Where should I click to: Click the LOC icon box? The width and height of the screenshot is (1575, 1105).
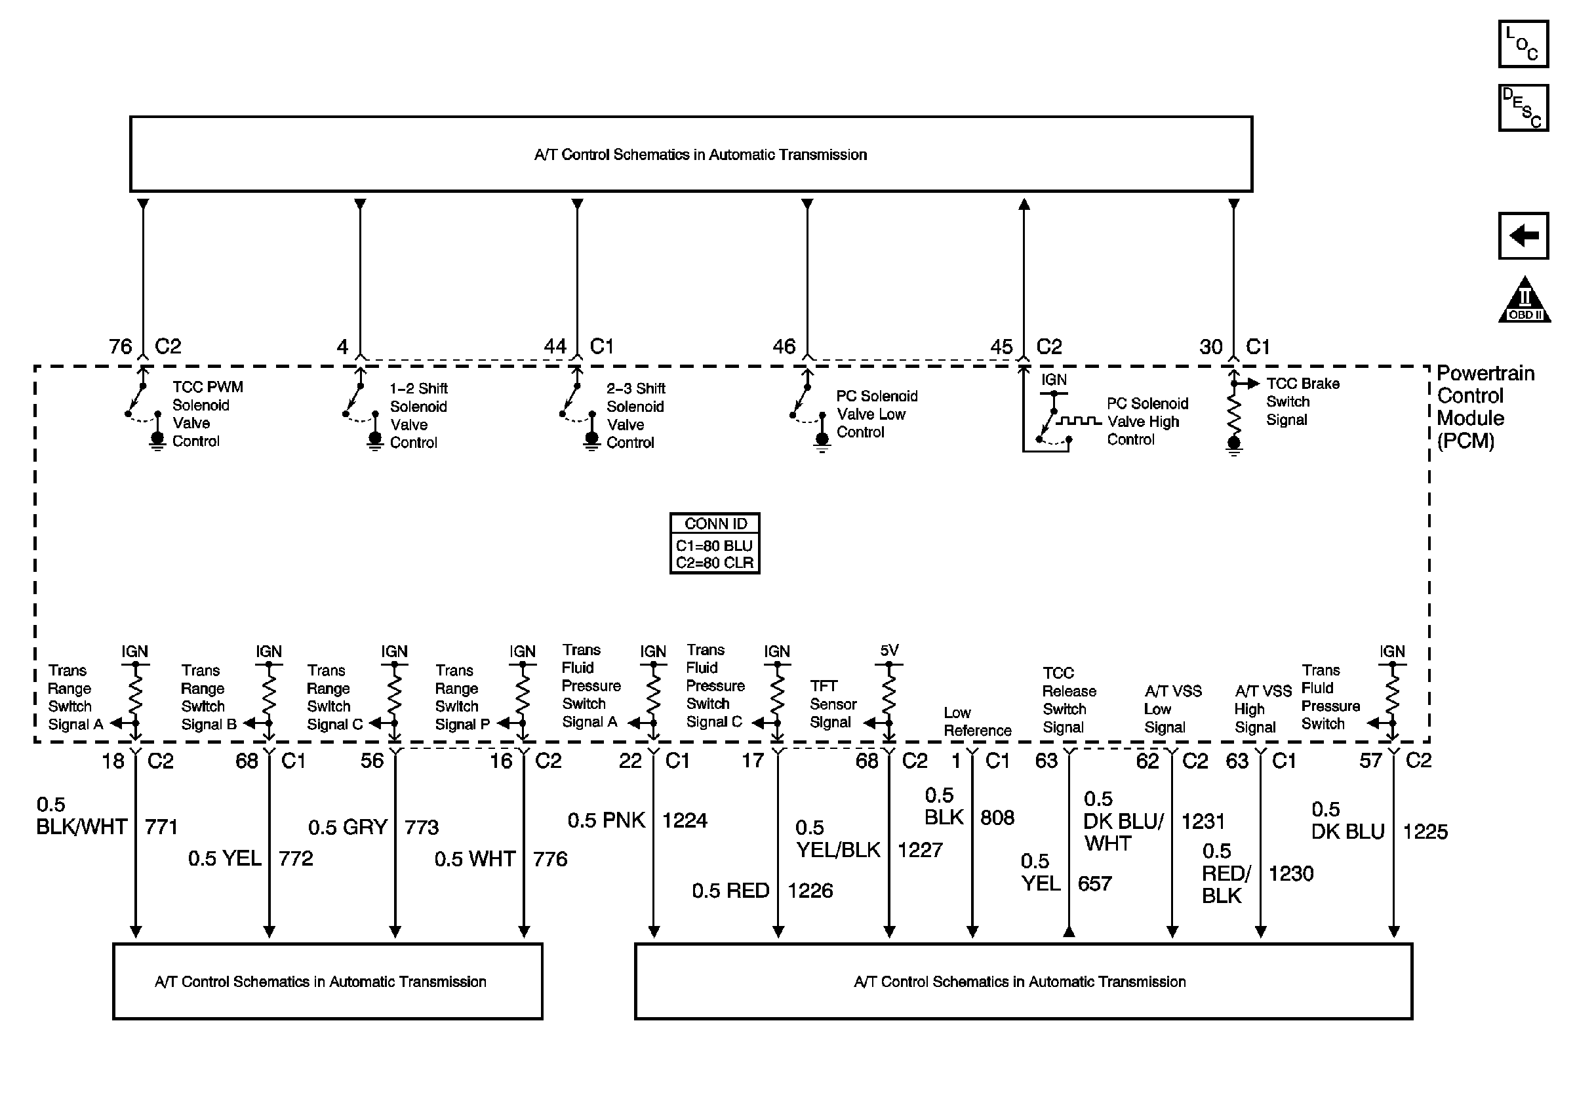(1522, 44)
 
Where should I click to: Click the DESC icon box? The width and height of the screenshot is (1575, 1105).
(1522, 108)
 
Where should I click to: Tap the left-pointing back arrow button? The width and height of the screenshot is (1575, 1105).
(1522, 236)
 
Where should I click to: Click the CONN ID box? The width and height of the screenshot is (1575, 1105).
(714, 543)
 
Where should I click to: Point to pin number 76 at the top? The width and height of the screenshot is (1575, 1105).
(121, 347)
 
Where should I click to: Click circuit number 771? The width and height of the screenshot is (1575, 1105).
(161, 827)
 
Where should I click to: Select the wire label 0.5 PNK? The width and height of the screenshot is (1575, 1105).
(606, 820)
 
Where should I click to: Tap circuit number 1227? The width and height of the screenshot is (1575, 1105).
(920, 851)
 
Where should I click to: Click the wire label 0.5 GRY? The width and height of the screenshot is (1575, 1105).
(347, 827)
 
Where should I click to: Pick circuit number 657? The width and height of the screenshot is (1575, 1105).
(1094, 883)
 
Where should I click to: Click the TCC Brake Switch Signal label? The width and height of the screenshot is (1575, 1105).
(1302, 402)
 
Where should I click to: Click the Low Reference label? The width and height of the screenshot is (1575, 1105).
(977, 721)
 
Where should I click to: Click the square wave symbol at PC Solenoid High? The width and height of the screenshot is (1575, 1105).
(1079, 420)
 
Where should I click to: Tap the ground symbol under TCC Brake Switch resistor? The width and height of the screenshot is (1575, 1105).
(1233, 448)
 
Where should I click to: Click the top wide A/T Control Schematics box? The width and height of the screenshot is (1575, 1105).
(690, 154)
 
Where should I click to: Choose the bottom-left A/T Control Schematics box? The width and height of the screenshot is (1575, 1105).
(327, 982)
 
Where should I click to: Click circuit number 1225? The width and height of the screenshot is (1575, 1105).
(1425, 832)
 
